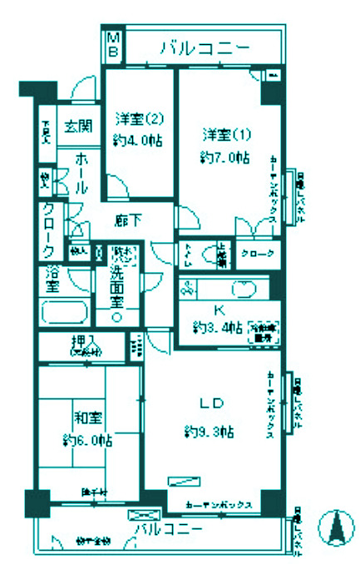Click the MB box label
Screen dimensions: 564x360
click(x=113, y=45)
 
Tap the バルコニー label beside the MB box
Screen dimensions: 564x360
click(x=205, y=49)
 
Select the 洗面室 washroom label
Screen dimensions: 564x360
click(x=116, y=283)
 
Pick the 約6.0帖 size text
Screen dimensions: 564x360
click(x=86, y=441)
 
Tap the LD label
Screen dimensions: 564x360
click(x=208, y=404)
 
